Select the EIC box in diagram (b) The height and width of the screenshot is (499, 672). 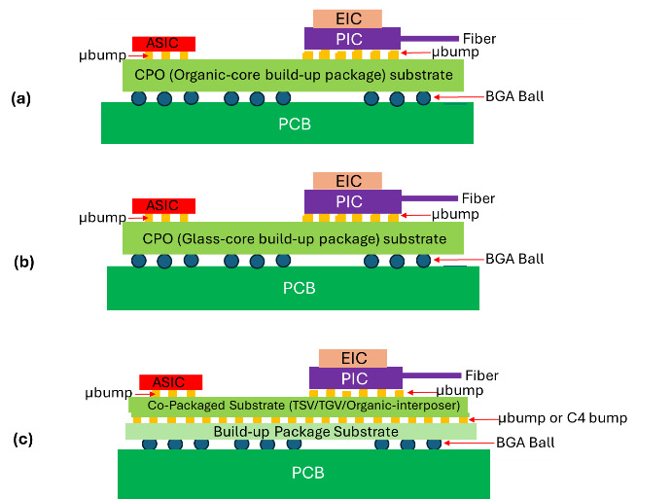point(347,181)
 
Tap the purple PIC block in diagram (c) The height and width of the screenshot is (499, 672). point(354,375)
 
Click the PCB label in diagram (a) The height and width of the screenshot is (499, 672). point(287,124)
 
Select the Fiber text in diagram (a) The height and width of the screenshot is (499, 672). point(478,39)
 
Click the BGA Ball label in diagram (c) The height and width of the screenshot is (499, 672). point(525,442)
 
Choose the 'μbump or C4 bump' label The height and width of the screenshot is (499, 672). point(562,418)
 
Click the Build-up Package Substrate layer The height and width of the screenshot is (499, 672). point(301,431)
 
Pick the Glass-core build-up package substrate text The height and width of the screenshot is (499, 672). point(291,238)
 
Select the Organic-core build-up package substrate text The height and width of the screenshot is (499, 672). point(293,75)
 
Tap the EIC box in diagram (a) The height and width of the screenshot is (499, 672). point(347,18)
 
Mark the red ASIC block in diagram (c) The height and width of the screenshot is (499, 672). point(170,382)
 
